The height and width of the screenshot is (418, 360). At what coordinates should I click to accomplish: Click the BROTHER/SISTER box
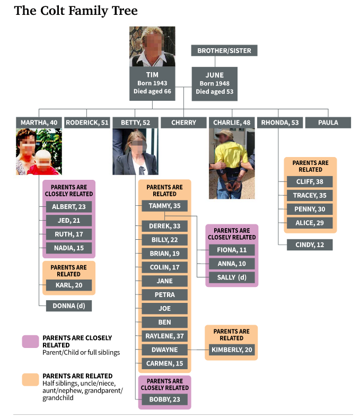[x=224, y=50]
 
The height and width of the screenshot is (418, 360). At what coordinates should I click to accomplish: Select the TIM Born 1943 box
[x=152, y=83]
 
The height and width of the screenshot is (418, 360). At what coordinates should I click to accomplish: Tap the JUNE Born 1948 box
[x=215, y=84]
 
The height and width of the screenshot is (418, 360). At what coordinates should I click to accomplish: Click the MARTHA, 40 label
[x=39, y=123]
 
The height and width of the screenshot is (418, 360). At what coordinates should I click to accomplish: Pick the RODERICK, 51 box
[x=87, y=123]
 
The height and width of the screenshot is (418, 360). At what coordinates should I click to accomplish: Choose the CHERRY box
[x=183, y=123]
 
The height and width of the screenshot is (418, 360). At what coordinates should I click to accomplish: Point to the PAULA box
[x=328, y=123]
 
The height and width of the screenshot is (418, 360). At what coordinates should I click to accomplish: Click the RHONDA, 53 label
[x=280, y=123]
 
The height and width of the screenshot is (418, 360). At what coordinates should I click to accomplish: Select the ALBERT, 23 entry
[x=69, y=206]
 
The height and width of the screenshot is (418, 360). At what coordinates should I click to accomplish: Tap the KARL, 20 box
[x=69, y=285]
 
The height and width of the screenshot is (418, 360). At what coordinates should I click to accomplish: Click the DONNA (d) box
[x=69, y=306]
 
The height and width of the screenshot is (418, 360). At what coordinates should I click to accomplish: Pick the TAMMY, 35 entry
[x=164, y=206]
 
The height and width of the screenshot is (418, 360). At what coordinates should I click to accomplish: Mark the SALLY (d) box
[x=232, y=277]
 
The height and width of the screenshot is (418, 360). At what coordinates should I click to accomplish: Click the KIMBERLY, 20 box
[x=232, y=350]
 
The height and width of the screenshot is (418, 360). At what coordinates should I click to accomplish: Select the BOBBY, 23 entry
[x=164, y=399]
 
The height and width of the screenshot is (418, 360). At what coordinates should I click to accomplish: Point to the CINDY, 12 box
[x=310, y=245]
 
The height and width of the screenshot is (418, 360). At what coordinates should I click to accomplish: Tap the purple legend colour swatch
[x=30, y=342]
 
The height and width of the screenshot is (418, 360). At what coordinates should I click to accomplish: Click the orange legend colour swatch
[x=30, y=380]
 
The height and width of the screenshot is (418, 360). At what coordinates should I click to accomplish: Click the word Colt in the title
[x=52, y=11]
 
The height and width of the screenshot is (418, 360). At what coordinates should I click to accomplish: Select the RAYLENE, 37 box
[x=164, y=336]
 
